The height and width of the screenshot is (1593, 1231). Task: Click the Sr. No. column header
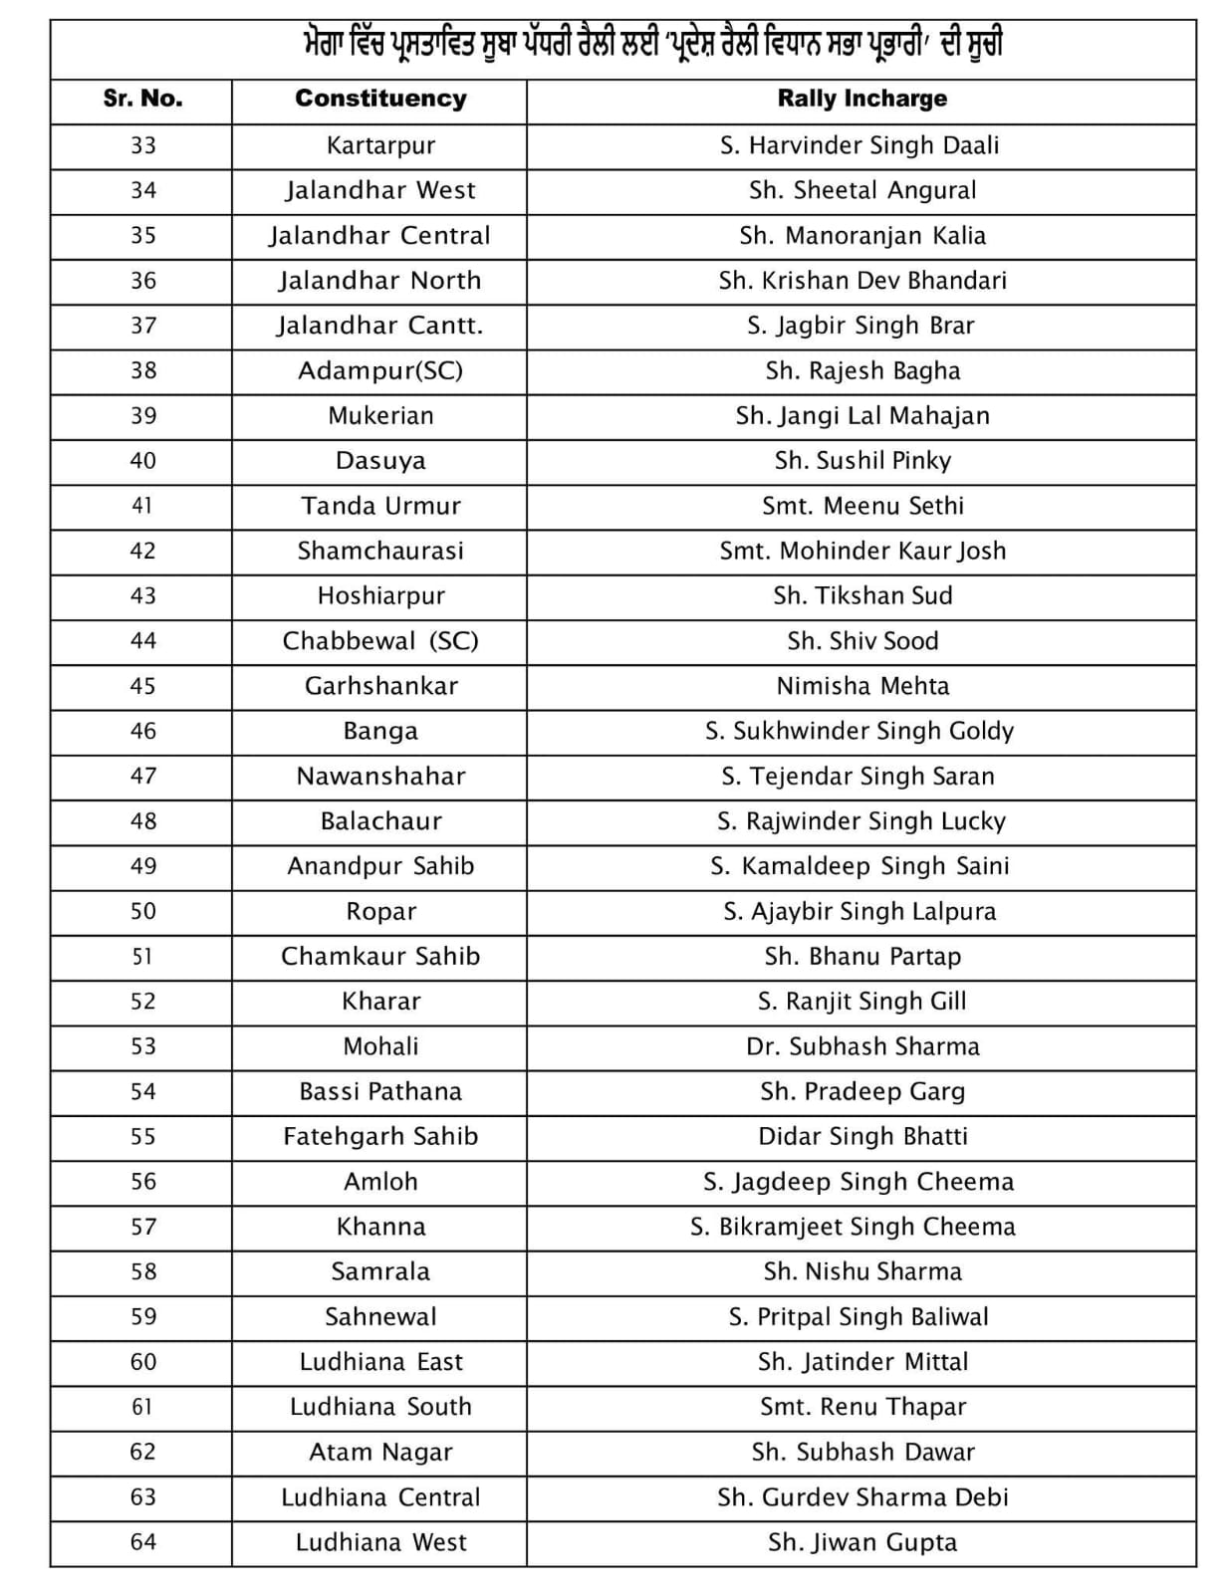point(142,99)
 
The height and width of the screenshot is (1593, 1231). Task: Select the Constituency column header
point(380,99)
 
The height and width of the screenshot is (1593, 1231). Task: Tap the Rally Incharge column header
point(862,99)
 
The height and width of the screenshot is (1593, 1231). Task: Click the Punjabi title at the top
point(652,45)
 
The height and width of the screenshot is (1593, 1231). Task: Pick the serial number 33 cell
point(142,145)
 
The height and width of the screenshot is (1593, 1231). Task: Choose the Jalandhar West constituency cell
point(380,190)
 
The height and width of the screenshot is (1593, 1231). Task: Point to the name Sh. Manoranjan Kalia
point(862,236)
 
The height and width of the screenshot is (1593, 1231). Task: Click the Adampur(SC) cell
point(380,370)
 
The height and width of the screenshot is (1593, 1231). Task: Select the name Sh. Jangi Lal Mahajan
point(862,415)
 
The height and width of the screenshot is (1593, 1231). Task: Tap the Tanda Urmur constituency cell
point(380,506)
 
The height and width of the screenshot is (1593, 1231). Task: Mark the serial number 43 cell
point(142,595)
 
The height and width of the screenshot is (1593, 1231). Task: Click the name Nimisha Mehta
point(862,686)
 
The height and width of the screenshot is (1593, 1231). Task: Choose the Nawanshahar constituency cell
point(380,776)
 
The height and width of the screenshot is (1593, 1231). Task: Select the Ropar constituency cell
point(380,911)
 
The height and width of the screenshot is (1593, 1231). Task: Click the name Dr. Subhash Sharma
point(862,1046)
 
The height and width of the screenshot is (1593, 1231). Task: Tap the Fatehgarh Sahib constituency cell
point(380,1136)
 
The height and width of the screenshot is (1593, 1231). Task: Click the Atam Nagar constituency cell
point(380,1452)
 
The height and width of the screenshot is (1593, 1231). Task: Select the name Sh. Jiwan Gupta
point(862,1542)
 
